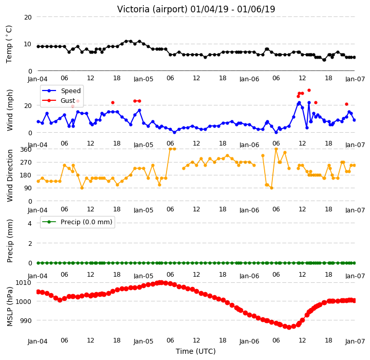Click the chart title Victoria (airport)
152,9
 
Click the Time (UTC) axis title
196,351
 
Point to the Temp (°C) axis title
9,44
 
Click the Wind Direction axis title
10,175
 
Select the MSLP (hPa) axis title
10,307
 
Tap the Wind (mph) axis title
10,110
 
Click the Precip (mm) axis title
10,241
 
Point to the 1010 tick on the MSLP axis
23,283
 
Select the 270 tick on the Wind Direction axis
26,163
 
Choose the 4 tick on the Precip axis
30,223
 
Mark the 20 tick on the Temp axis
28,17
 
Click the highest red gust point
309,90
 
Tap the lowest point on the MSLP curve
289,328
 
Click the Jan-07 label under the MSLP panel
355,341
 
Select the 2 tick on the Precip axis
30,243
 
